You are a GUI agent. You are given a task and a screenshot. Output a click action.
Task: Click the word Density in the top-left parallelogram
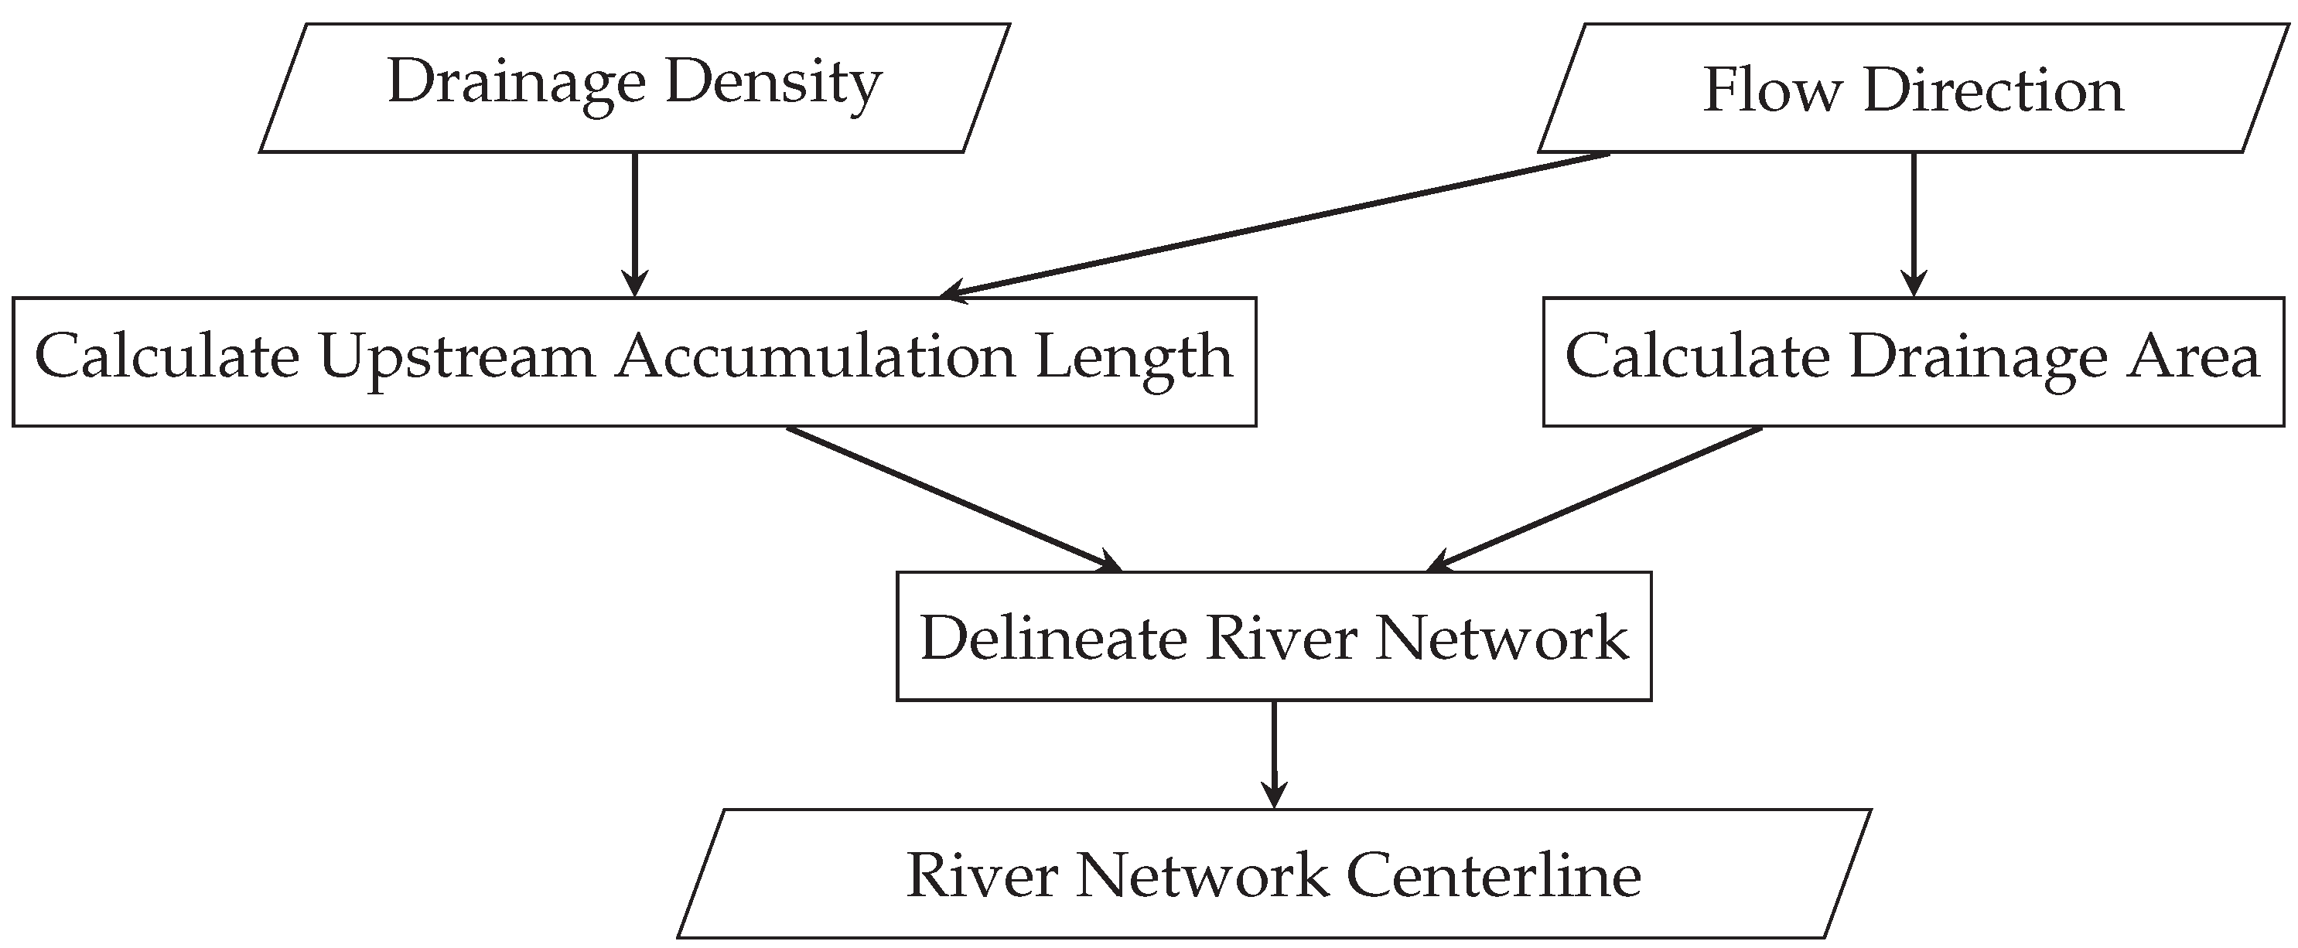click(773, 83)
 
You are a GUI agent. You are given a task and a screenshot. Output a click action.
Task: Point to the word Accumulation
click(815, 357)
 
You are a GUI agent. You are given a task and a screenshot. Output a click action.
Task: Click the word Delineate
click(1053, 639)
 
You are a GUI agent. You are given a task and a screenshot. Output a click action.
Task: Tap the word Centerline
click(1494, 876)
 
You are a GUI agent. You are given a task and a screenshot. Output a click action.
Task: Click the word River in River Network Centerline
click(982, 876)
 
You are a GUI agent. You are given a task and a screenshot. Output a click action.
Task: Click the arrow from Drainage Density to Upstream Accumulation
click(634, 223)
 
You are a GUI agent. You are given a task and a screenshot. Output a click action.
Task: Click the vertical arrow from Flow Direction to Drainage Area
click(1914, 223)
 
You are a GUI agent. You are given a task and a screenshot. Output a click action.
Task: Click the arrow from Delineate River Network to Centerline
click(1274, 754)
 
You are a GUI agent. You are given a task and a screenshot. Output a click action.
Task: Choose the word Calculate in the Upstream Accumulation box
click(167, 357)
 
